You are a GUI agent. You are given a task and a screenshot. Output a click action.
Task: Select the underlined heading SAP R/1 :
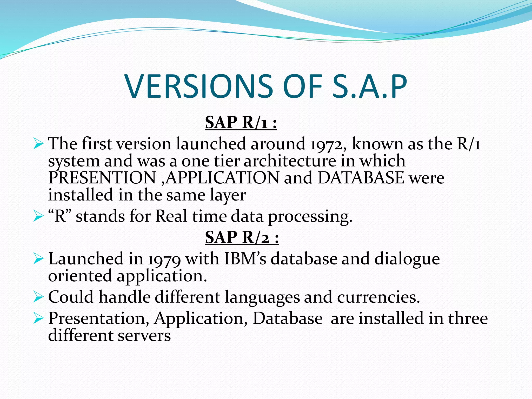click(241, 123)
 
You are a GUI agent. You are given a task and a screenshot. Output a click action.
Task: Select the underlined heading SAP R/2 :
click(242, 237)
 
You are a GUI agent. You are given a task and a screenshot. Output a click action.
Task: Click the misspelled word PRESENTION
click(102, 178)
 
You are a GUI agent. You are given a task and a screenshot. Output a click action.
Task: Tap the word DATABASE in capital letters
click(361, 178)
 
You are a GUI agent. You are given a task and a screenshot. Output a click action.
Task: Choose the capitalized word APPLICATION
click(222, 178)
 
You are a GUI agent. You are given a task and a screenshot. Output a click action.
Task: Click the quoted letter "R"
click(60, 216)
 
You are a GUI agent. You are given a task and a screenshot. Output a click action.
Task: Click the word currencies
click(378, 297)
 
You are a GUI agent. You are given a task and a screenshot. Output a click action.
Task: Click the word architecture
click(290, 161)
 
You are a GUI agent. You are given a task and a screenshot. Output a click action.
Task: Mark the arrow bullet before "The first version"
click(38, 144)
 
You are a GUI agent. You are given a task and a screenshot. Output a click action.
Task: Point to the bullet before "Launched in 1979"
click(38, 259)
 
